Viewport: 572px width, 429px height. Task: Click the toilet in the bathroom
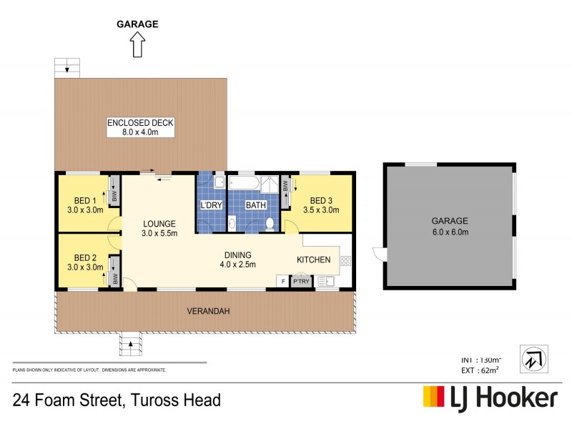pyautogui.click(x=270, y=225)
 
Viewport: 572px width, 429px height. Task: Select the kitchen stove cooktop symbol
pyautogui.click(x=345, y=262)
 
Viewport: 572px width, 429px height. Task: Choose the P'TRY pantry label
pyautogui.click(x=300, y=281)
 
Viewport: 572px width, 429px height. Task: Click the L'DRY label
pyautogui.click(x=211, y=205)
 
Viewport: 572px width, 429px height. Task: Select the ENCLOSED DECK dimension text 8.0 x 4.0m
pyautogui.click(x=141, y=132)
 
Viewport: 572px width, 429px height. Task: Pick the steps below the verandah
pyautogui.click(x=130, y=344)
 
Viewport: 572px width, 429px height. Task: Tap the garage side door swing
pyautogui.click(x=378, y=253)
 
